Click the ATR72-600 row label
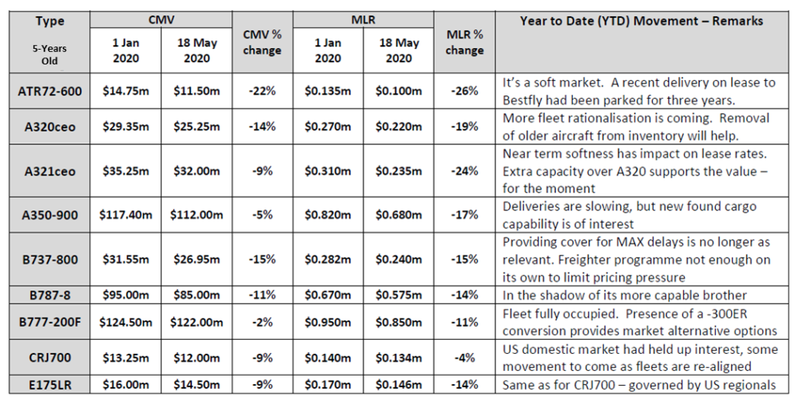(x=48, y=92)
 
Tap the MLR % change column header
(x=464, y=43)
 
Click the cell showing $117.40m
(x=124, y=215)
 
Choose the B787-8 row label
(x=48, y=294)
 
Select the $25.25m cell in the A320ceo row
(x=193, y=126)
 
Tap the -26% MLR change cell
(x=464, y=92)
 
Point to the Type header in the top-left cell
(x=50, y=21)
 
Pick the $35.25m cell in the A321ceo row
(x=124, y=171)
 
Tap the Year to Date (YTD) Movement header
(x=641, y=21)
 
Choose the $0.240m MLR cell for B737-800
(x=397, y=260)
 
